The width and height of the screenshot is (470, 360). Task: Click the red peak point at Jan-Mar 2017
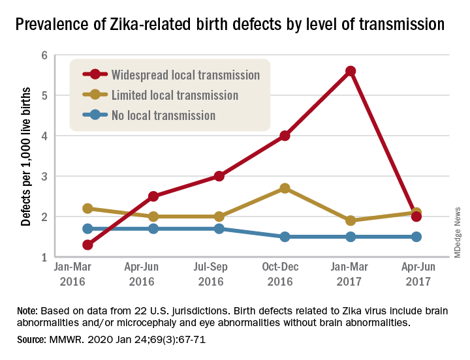pos(351,71)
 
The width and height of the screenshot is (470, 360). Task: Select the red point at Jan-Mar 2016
pos(87,245)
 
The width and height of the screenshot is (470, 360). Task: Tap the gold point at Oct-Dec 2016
pos(285,188)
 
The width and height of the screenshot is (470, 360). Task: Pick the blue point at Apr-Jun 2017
pos(416,236)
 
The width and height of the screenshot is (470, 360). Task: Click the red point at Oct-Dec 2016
pos(285,136)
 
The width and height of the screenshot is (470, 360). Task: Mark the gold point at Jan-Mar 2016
pos(87,209)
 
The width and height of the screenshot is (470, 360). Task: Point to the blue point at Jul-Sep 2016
pos(219,229)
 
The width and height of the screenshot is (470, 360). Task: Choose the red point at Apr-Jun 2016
pos(153,196)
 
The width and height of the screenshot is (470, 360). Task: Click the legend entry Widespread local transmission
pos(185,74)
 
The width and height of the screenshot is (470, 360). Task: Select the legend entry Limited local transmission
pos(174,95)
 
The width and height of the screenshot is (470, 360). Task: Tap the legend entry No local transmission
pos(163,115)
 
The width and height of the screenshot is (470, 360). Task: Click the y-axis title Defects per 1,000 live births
pos(25,156)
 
